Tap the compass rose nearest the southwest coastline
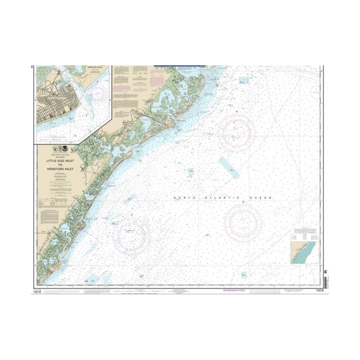pos(132,235)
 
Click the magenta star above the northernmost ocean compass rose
pos(237,111)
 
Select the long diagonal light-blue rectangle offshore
pos(229,168)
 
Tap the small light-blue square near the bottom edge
pos(244,275)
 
